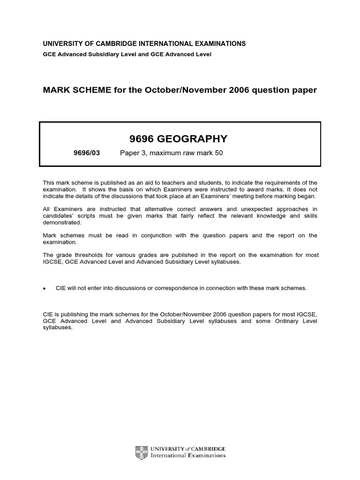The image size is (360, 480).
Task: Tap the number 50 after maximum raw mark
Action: click(218, 153)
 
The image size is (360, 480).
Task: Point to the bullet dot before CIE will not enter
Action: click(44, 288)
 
